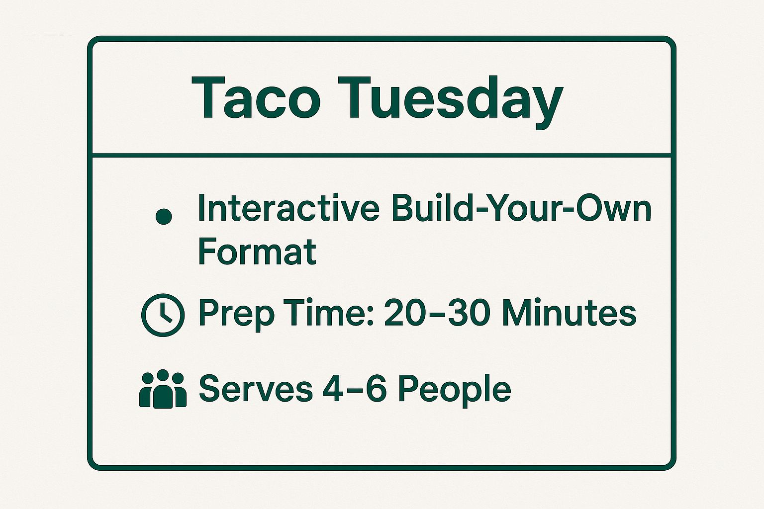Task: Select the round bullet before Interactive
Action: click(164, 217)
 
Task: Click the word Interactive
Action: click(288, 208)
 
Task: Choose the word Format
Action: click(257, 251)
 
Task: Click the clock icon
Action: click(163, 315)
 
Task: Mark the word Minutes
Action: click(569, 313)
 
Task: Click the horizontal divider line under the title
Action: click(382, 155)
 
